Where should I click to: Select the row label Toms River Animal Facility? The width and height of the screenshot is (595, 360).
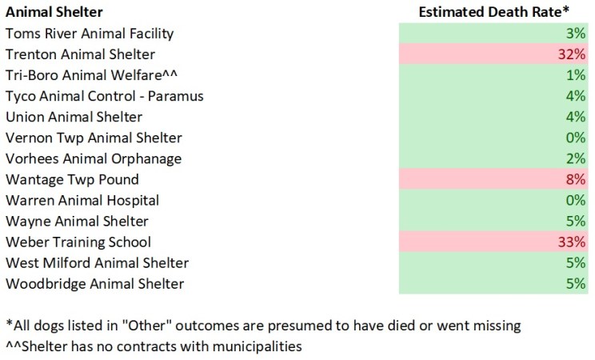[x=89, y=34]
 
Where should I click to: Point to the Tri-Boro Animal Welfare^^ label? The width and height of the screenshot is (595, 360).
[x=94, y=75]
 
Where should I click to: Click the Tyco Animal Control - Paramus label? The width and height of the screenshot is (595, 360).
[x=104, y=96]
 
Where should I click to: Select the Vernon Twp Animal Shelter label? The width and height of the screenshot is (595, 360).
[x=94, y=138]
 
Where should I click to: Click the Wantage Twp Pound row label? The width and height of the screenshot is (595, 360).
[x=72, y=179]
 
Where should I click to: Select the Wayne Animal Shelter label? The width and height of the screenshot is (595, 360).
[x=77, y=221]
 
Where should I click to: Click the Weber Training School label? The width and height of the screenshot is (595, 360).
[x=78, y=242]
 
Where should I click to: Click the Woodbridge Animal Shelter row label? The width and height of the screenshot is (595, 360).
[x=94, y=283]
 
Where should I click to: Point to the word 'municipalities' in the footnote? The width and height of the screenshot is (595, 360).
[x=261, y=346]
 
